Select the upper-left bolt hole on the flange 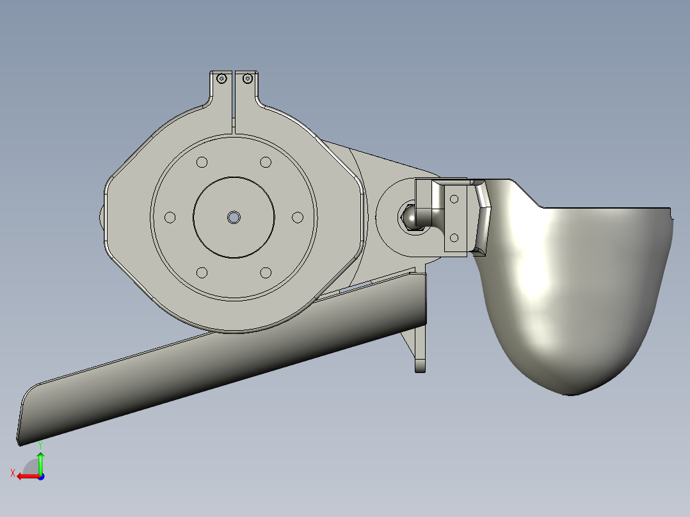(x=202, y=163)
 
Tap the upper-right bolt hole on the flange (x=266, y=163)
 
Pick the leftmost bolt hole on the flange (x=170, y=218)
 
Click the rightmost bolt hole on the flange (x=298, y=218)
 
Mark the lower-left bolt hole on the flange (x=202, y=273)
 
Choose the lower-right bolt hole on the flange (x=266, y=273)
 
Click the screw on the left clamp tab (x=221, y=79)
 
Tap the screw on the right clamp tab (x=246, y=79)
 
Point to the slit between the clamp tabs (x=234, y=96)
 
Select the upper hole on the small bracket (x=454, y=199)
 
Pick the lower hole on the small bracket (x=454, y=237)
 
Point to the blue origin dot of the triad (x=41, y=477)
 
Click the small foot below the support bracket (x=420, y=367)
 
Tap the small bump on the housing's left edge (x=102, y=218)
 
